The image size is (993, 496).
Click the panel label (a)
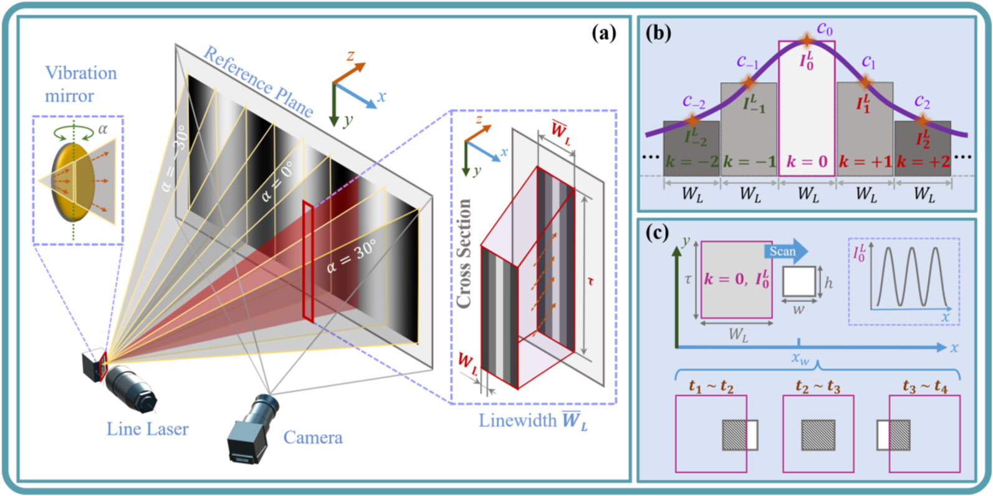point(604,33)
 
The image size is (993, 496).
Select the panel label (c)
point(658,233)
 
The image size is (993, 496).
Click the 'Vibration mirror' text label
point(81,84)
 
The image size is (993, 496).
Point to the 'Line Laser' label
point(147,429)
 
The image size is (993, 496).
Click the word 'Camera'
point(313,437)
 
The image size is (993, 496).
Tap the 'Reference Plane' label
point(259,82)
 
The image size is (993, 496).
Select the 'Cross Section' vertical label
point(464,254)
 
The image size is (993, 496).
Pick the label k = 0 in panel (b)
point(807,162)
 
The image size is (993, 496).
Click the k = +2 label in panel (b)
point(923,162)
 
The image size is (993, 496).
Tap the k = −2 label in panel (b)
point(691,162)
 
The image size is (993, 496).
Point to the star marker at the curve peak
point(807,41)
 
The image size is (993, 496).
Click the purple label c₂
point(923,102)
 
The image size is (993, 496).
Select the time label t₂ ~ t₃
point(818,387)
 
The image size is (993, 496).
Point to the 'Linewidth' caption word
point(517,421)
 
